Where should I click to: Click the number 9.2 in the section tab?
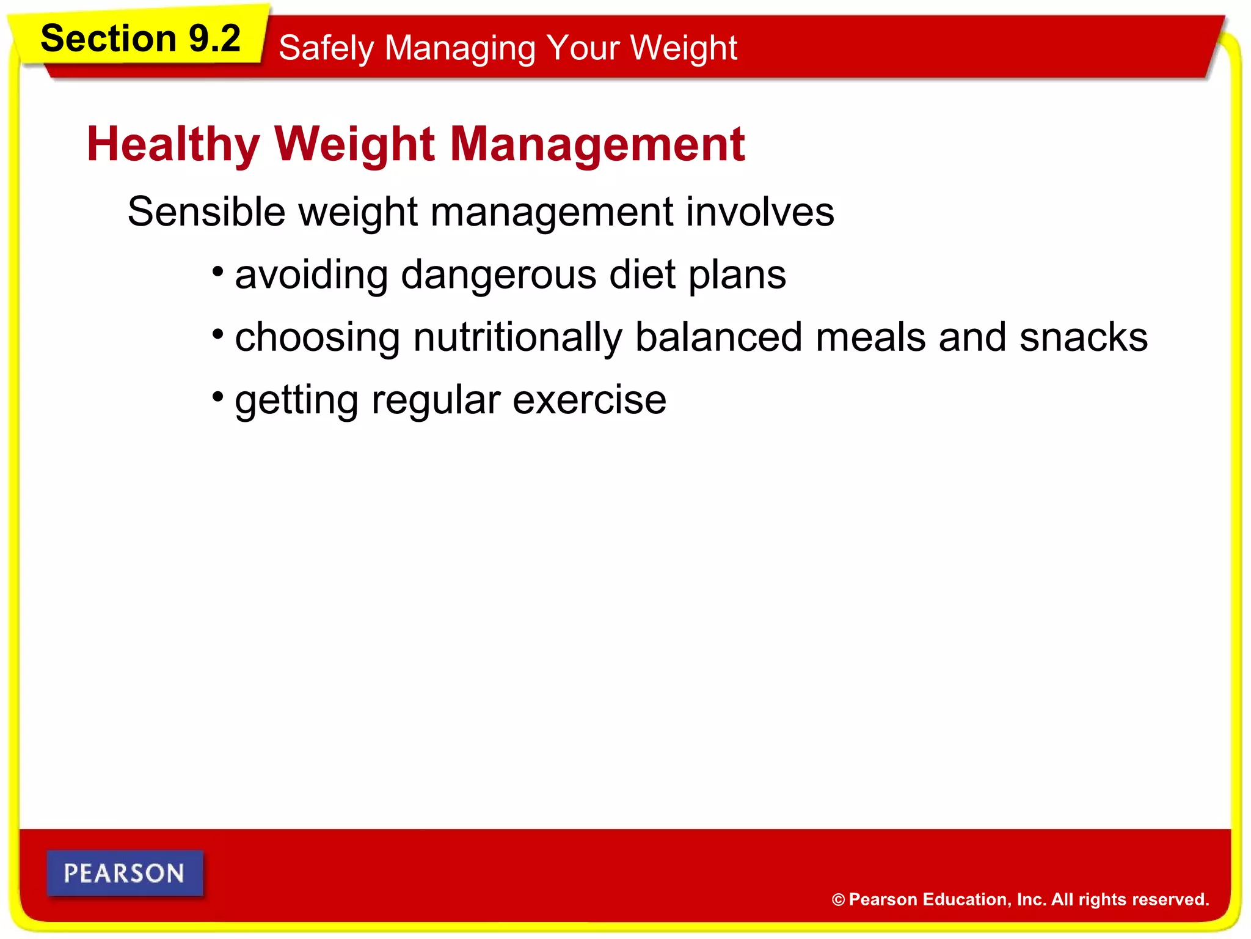tap(214, 39)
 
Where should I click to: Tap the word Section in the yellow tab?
tap(109, 39)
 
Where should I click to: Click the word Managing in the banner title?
tap(460, 48)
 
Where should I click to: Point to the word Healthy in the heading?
tap(173, 144)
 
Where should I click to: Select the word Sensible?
tap(206, 212)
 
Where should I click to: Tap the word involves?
tap(759, 212)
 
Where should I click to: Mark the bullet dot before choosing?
tap(218, 334)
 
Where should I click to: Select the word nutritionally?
tap(517, 337)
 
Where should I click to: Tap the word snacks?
tap(1083, 337)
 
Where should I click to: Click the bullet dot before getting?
tap(218, 397)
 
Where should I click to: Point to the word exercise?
tap(589, 400)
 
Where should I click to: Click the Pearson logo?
tap(125, 873)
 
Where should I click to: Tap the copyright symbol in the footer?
tap(838, 900)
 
